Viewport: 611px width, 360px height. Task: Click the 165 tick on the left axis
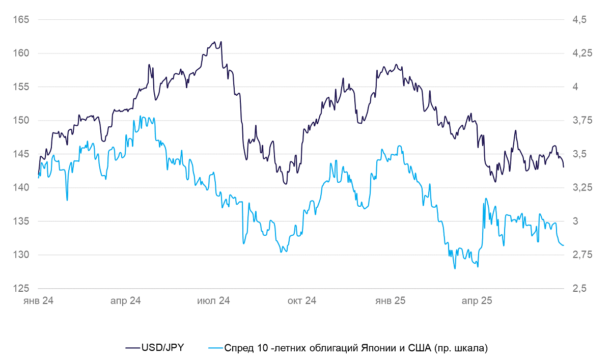pos(21,20)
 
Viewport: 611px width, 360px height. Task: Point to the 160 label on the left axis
pos(21,53)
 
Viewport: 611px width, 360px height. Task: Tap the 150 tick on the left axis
pos(21,120)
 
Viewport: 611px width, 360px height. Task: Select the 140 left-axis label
pos(21,187)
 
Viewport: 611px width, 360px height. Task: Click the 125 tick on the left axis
pos(21,288)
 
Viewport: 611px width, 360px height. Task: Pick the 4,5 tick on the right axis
pos(579,20)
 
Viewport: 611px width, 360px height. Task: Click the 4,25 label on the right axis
pos(582,53)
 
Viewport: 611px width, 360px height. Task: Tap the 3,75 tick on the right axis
pos(582,120)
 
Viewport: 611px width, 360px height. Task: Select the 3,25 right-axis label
pos(582,187)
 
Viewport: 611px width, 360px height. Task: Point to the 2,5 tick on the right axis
pos(579,288)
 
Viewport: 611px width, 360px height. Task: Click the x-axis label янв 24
pos(38,300)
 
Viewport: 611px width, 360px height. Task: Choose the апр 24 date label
pos(125,300)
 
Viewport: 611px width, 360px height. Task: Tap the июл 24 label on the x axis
pos(213,300)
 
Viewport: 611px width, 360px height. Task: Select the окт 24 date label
pos(301,300)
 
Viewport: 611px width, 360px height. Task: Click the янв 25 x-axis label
pos(391,300)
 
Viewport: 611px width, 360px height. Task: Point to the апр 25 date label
pos(477,300)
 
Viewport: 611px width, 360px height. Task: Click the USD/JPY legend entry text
pos(163,348)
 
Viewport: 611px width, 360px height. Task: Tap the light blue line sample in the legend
pos(216,348)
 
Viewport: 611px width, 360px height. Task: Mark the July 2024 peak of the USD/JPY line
pos(221,42)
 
